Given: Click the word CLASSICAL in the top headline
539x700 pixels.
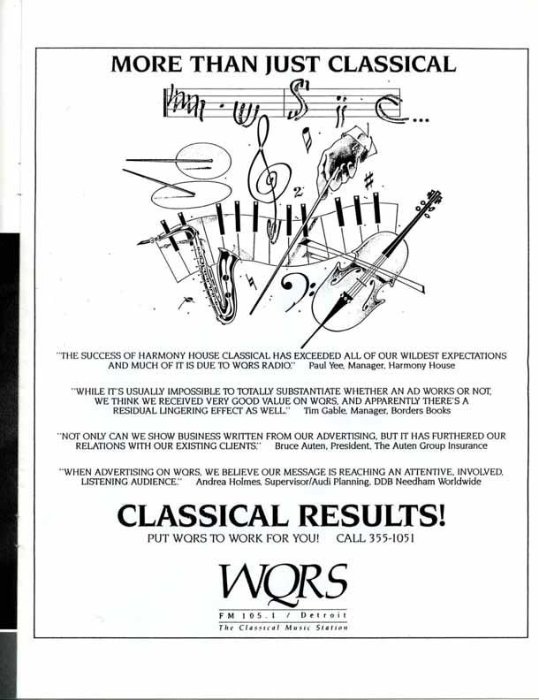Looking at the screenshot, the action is pos(378,65).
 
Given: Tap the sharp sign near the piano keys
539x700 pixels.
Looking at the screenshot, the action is pos(368,180).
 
